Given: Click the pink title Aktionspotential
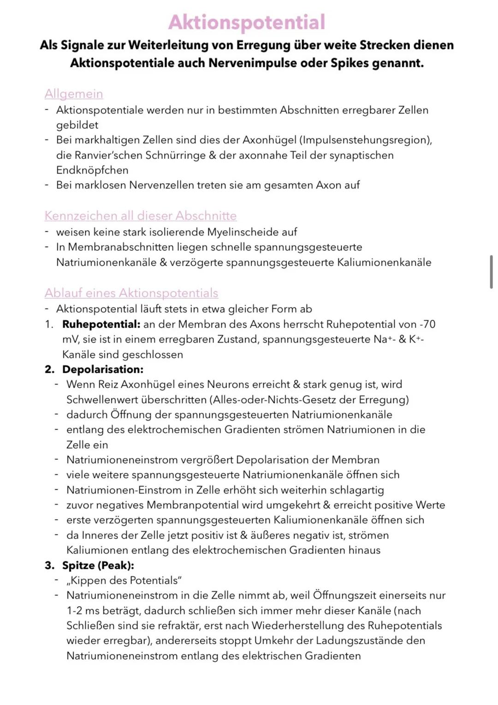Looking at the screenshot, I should point(247,22).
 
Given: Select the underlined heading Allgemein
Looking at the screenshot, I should point(74,94).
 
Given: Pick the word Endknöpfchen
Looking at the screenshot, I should point(92,170).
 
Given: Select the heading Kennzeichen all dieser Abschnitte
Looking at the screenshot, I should point(140,216).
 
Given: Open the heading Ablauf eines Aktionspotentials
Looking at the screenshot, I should point(131,293).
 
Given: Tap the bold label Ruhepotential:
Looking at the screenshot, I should point(101,324).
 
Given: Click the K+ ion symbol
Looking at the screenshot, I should point(416,339).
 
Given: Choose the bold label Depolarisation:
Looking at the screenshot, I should point(103,369).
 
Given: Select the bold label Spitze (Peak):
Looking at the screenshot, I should point(98,565).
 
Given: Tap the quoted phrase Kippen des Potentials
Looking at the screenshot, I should point(124,580).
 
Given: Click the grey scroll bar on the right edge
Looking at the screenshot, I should point(491,272).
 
